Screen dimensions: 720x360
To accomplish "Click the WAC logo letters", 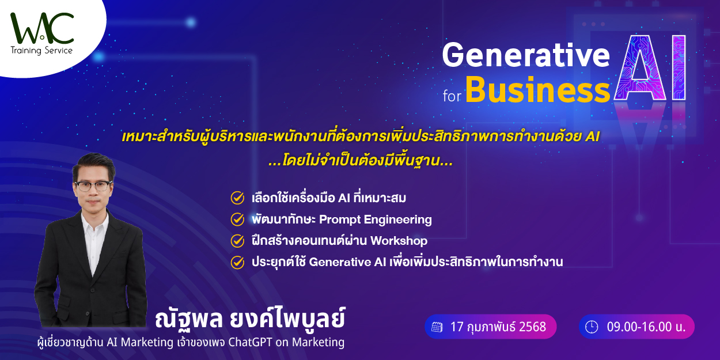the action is click(x=42, y=28).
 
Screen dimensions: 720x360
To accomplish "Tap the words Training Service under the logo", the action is click(x=41, y=51).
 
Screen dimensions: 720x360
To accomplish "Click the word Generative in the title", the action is click(x=526, y=55).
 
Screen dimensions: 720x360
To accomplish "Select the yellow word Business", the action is click(x=538, y=90).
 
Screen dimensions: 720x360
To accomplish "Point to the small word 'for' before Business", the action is click(x=452, y=96).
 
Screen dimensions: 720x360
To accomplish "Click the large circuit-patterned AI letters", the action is click(x=650, y=67).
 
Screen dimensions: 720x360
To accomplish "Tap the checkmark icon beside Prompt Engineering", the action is click(x=237, y=219).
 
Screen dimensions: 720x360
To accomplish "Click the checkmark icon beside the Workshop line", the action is click(x=237, y=241).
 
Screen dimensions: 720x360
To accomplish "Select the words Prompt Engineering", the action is click(x=376, y=220).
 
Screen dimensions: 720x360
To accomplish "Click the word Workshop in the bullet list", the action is click(x=399, y=241).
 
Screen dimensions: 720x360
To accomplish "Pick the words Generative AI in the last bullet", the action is click(x=347, y=262).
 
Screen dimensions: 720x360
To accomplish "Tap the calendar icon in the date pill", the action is click(x=437, y=327).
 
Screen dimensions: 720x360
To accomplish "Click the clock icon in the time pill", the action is click(x=592, y=327).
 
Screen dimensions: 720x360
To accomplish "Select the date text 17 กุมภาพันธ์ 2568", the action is click(x=498, y=327).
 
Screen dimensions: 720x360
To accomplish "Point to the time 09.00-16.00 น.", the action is click(x=646, y=327).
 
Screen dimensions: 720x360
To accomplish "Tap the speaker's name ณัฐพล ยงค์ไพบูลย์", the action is click(x=250, y=319).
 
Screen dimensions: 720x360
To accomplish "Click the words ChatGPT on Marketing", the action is click(x=286, y=342).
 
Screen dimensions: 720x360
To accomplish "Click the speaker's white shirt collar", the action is click(x=94, y=222).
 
